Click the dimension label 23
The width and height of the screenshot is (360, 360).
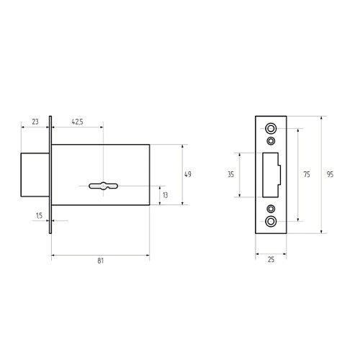pyautogui.click(x=35, y=122)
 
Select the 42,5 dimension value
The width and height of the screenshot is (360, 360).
pyautogui.click(x=78, y=122)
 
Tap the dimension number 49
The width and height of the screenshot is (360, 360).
pyautogui.click(x=188, y=174)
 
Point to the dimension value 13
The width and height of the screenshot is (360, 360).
pyautogui.click(x=166, y=195)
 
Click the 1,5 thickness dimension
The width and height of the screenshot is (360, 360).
pyautogui.click(x=39, y=215)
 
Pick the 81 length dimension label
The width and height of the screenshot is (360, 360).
pyautogui.click(x=101, y=261)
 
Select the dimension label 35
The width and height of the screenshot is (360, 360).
pyautogui.click(x=230, y=174)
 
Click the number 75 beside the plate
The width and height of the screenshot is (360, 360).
pyautogui.click(x=307, y=174)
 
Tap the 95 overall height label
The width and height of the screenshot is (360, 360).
pyautogui.click(x=330, y=174)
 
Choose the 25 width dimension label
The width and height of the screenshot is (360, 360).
pyautogui.click(x=271, y=260)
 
